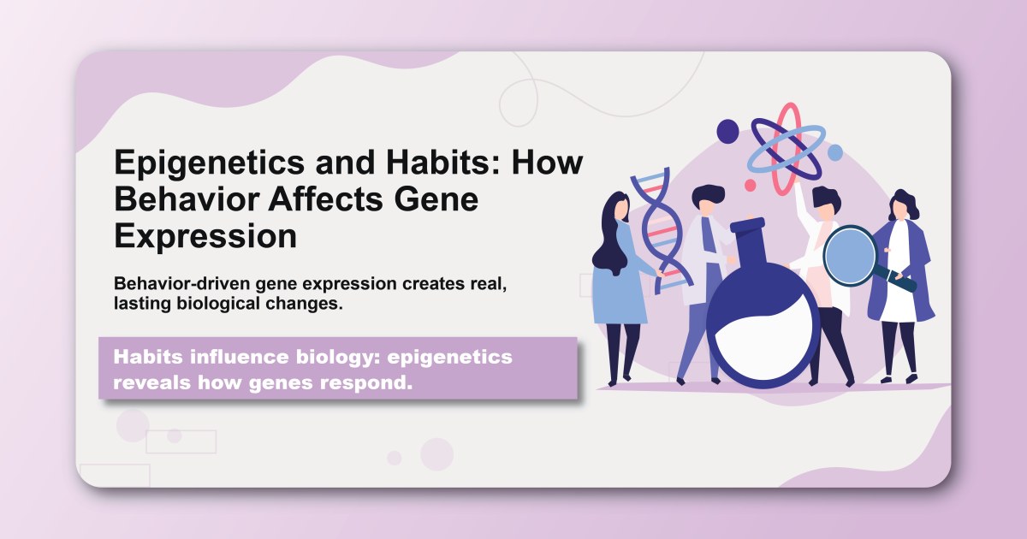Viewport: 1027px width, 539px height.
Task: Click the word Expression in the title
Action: (x=205, y=236)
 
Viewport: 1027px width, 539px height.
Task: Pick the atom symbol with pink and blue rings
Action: (x=787, y=145)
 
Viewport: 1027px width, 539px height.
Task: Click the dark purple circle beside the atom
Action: (x=727, y=131)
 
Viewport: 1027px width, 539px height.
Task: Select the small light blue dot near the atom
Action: (x=834, y=152)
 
